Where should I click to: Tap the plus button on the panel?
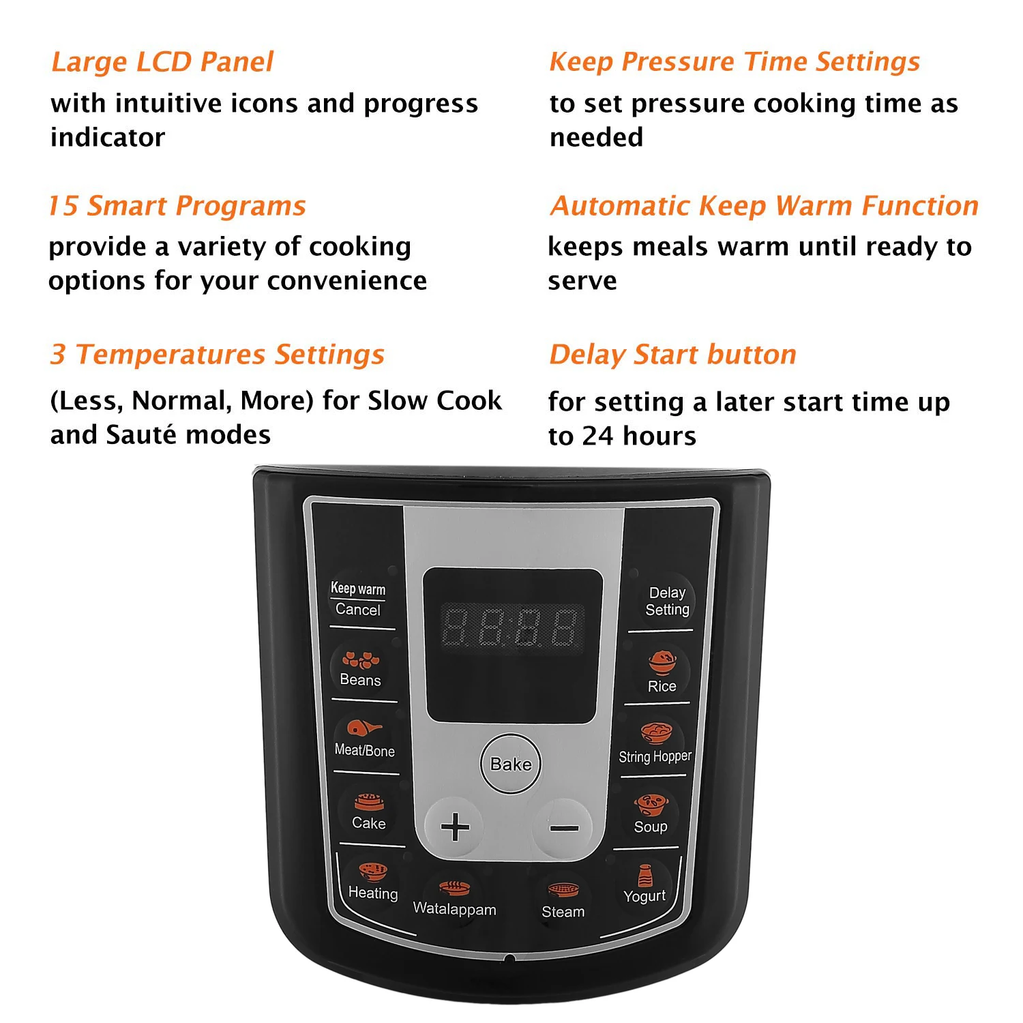click(x=454, y=827)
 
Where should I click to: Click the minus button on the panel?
click(x=564, y=828)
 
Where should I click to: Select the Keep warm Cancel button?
click(x=358, y=599)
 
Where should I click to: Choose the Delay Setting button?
click(x=666, y=601)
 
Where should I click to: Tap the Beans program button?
click(x=361, y=670)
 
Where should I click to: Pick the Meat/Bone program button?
click(x=364, y=739)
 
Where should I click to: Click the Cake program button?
click(x=369, y=812)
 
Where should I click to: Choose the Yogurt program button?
click(x=644, y=885)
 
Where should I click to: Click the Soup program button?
click(x=651, y=815)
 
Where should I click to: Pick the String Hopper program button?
click(x=655, y=744)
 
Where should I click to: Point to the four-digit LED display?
click(x=512, y=627)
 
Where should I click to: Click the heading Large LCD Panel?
click(x=162, y=62)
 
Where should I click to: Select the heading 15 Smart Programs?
click(x=177, y=206)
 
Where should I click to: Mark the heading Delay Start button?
click(x=672, y=355)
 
